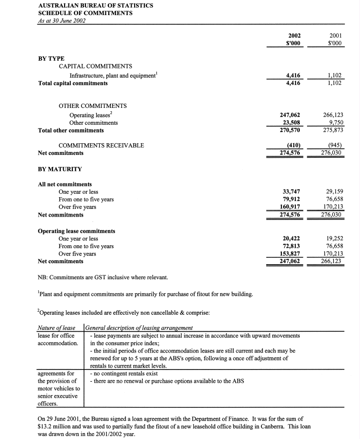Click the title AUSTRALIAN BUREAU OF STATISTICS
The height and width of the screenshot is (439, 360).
coord(95,5)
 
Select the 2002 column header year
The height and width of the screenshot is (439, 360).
coord(294,35)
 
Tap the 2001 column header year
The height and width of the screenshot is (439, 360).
coord(335,35)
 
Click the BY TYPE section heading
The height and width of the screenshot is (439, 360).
coord(51,58)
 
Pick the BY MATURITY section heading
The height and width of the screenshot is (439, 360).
coord(60,169)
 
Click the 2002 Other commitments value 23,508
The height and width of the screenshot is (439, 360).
coord(291,123)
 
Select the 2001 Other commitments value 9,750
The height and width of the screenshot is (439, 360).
coord(336,123)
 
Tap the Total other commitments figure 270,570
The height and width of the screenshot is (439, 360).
coord(291,130)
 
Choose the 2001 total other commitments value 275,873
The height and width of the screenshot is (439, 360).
coord(334,130)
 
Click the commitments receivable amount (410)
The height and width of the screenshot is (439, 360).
coord(292,145)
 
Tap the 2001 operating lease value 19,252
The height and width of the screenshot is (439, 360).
coord(334,238)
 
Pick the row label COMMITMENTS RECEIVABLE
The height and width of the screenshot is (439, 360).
coord(101,145)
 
